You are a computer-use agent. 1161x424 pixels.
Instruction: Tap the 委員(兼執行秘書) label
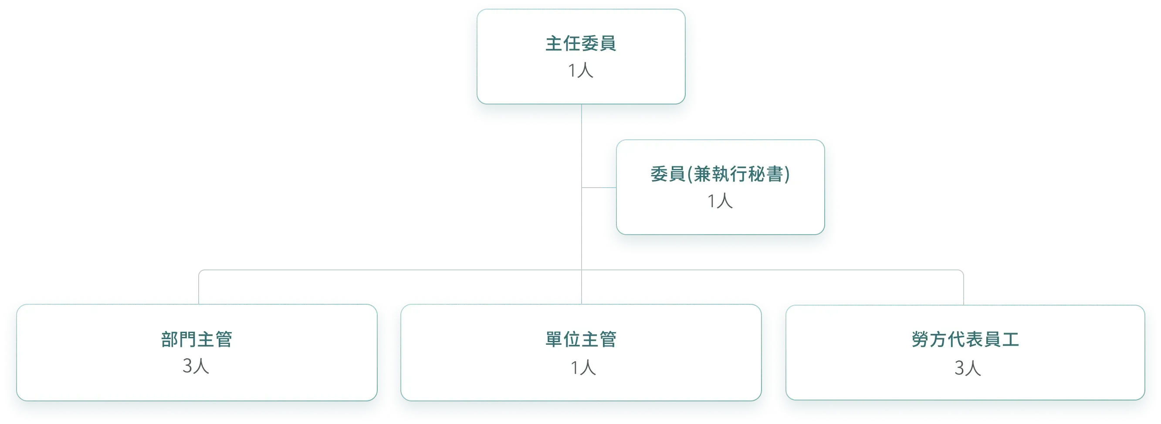(x=720, y=174)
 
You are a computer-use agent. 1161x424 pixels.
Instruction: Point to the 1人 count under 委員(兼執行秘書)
(x=720, y=201)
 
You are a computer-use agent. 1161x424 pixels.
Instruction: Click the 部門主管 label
(x=196, y=339)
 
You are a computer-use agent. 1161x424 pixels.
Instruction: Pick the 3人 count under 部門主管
(x=196, y=366)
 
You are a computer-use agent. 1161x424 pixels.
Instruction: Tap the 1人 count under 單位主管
(x=583, y=368)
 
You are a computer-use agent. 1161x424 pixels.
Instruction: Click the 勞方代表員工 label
(x=965, y=339)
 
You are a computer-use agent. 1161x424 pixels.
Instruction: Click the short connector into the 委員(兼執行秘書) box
(x=599, y=188)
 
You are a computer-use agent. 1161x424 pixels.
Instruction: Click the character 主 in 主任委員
(x=554, y=44)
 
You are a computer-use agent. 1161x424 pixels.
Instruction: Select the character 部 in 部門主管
(x=169, y=339)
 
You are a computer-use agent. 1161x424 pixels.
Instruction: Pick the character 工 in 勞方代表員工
(x=1010, y=339)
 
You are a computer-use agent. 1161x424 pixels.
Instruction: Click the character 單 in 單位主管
(x=554, y=339)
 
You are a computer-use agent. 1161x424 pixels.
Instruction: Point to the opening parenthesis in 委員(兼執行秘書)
(x=689, y=174)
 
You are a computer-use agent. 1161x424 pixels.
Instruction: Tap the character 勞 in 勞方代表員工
(x=920, y=339)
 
